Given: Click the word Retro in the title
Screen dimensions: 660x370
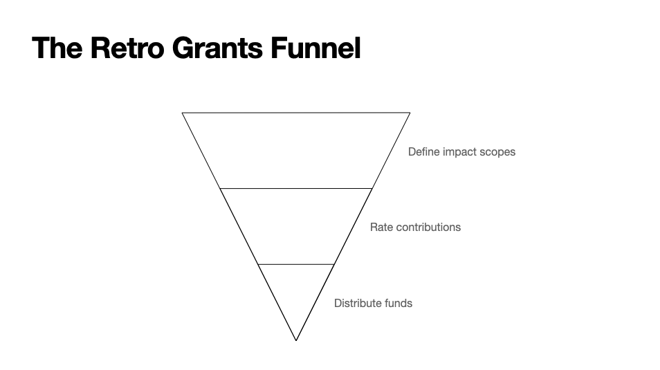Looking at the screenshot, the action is click(x=127, y=48).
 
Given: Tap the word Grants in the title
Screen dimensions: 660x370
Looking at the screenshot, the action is click(x=218, y=48).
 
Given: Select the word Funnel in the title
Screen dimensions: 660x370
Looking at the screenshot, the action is click(x=315, y=48).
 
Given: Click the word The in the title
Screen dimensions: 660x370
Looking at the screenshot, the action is click(x=57, y=48).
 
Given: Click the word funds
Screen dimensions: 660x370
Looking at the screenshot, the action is click(x=398, y=303).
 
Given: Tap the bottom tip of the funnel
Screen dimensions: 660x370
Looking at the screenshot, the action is click(x=296, y=340).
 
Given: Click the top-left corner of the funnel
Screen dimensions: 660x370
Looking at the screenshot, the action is click(x=182, y=113).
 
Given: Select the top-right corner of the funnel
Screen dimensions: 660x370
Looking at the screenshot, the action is click(x=410, y=113).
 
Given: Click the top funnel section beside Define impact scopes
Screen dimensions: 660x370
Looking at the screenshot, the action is click(x=296, y=150).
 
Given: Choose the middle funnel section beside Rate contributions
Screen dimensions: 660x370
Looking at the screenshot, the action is click(x=296, y=226).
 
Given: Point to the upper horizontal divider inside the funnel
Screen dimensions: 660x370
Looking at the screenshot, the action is click(x=296, y=189).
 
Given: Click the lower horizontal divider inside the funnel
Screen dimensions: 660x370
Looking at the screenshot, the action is click(x=296, y=264).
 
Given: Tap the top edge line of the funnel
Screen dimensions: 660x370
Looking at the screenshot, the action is click(x=296, y=113).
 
